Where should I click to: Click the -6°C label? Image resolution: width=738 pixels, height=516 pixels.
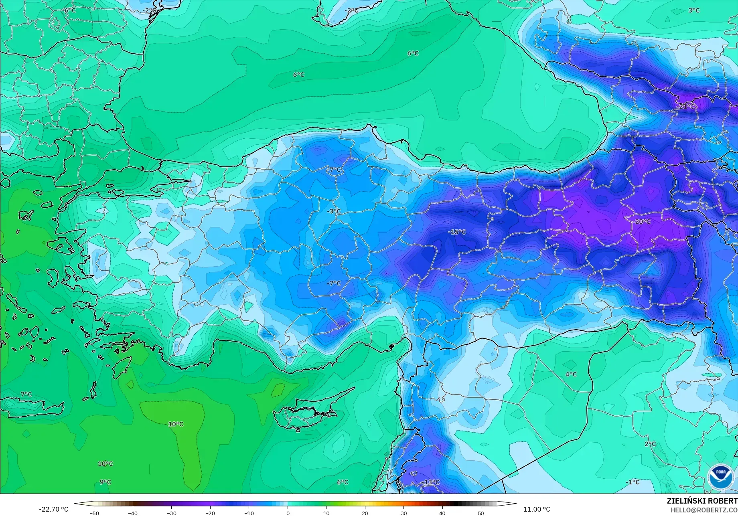click(70, 10)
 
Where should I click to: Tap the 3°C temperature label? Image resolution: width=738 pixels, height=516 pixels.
click(694, 10)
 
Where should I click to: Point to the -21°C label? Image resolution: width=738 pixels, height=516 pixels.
click(685, 107)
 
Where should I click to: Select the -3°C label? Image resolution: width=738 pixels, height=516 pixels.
click(334, 211)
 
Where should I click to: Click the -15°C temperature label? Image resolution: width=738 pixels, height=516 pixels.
click(457, 232)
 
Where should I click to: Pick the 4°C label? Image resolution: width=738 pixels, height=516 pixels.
click(571, 374)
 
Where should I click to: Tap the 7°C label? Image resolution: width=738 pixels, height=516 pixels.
click(26, 395)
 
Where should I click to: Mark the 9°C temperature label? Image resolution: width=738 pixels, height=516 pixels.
click(105, 482)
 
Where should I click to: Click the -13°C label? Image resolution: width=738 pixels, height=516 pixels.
click(431, 482)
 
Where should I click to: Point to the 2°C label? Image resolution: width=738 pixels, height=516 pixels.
click(650, 444)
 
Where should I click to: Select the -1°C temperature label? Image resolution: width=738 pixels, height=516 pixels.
click(633, 482)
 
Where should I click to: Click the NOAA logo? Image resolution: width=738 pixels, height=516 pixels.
click(720, 478)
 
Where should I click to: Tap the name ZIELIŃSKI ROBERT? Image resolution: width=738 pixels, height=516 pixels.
click(702, 501)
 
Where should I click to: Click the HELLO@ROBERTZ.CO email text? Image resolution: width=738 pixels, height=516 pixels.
click(704, 510)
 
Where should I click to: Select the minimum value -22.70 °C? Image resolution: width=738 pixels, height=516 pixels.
click(53, 510)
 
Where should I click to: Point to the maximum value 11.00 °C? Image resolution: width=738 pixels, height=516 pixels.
click(537, 510)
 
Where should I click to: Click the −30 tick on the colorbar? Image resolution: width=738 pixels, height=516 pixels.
click(172, 513)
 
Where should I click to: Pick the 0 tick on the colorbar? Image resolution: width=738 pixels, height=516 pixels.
click(288, 513)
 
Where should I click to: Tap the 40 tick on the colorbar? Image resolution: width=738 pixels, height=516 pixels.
click(442, 513)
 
